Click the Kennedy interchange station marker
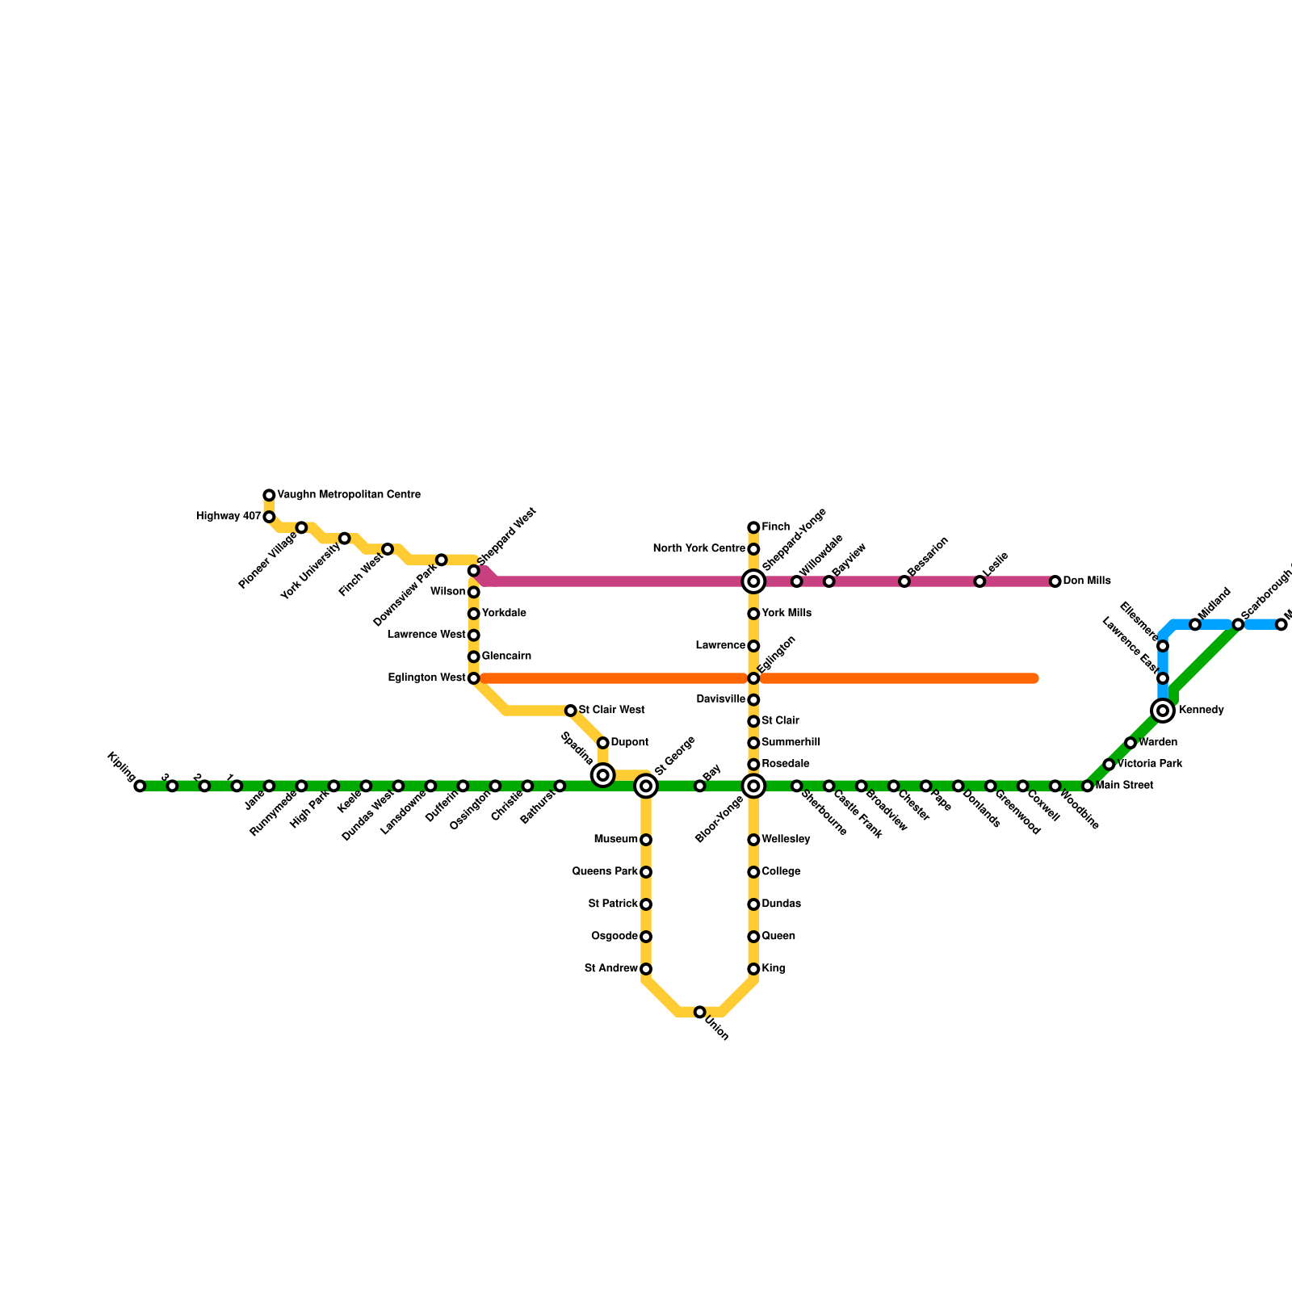[1162, 711]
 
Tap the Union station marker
[699, 1012]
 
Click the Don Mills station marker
[1055, 581]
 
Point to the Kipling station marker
[140, 786]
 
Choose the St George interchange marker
[645, 786]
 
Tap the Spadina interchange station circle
[602, 775]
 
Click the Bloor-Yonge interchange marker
[753, 786]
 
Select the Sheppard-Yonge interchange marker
[753, 581]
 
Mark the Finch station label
[776, 527]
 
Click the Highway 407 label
[229, 517]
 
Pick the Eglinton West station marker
[473, 678]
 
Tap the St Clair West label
[611, 711]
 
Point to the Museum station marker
[645, 840]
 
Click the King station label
[774, 969]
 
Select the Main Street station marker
[1087, 786]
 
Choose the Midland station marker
[1194, 624]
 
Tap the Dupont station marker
[602, 743]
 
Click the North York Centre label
[698, 549]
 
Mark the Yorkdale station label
[504, 614]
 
